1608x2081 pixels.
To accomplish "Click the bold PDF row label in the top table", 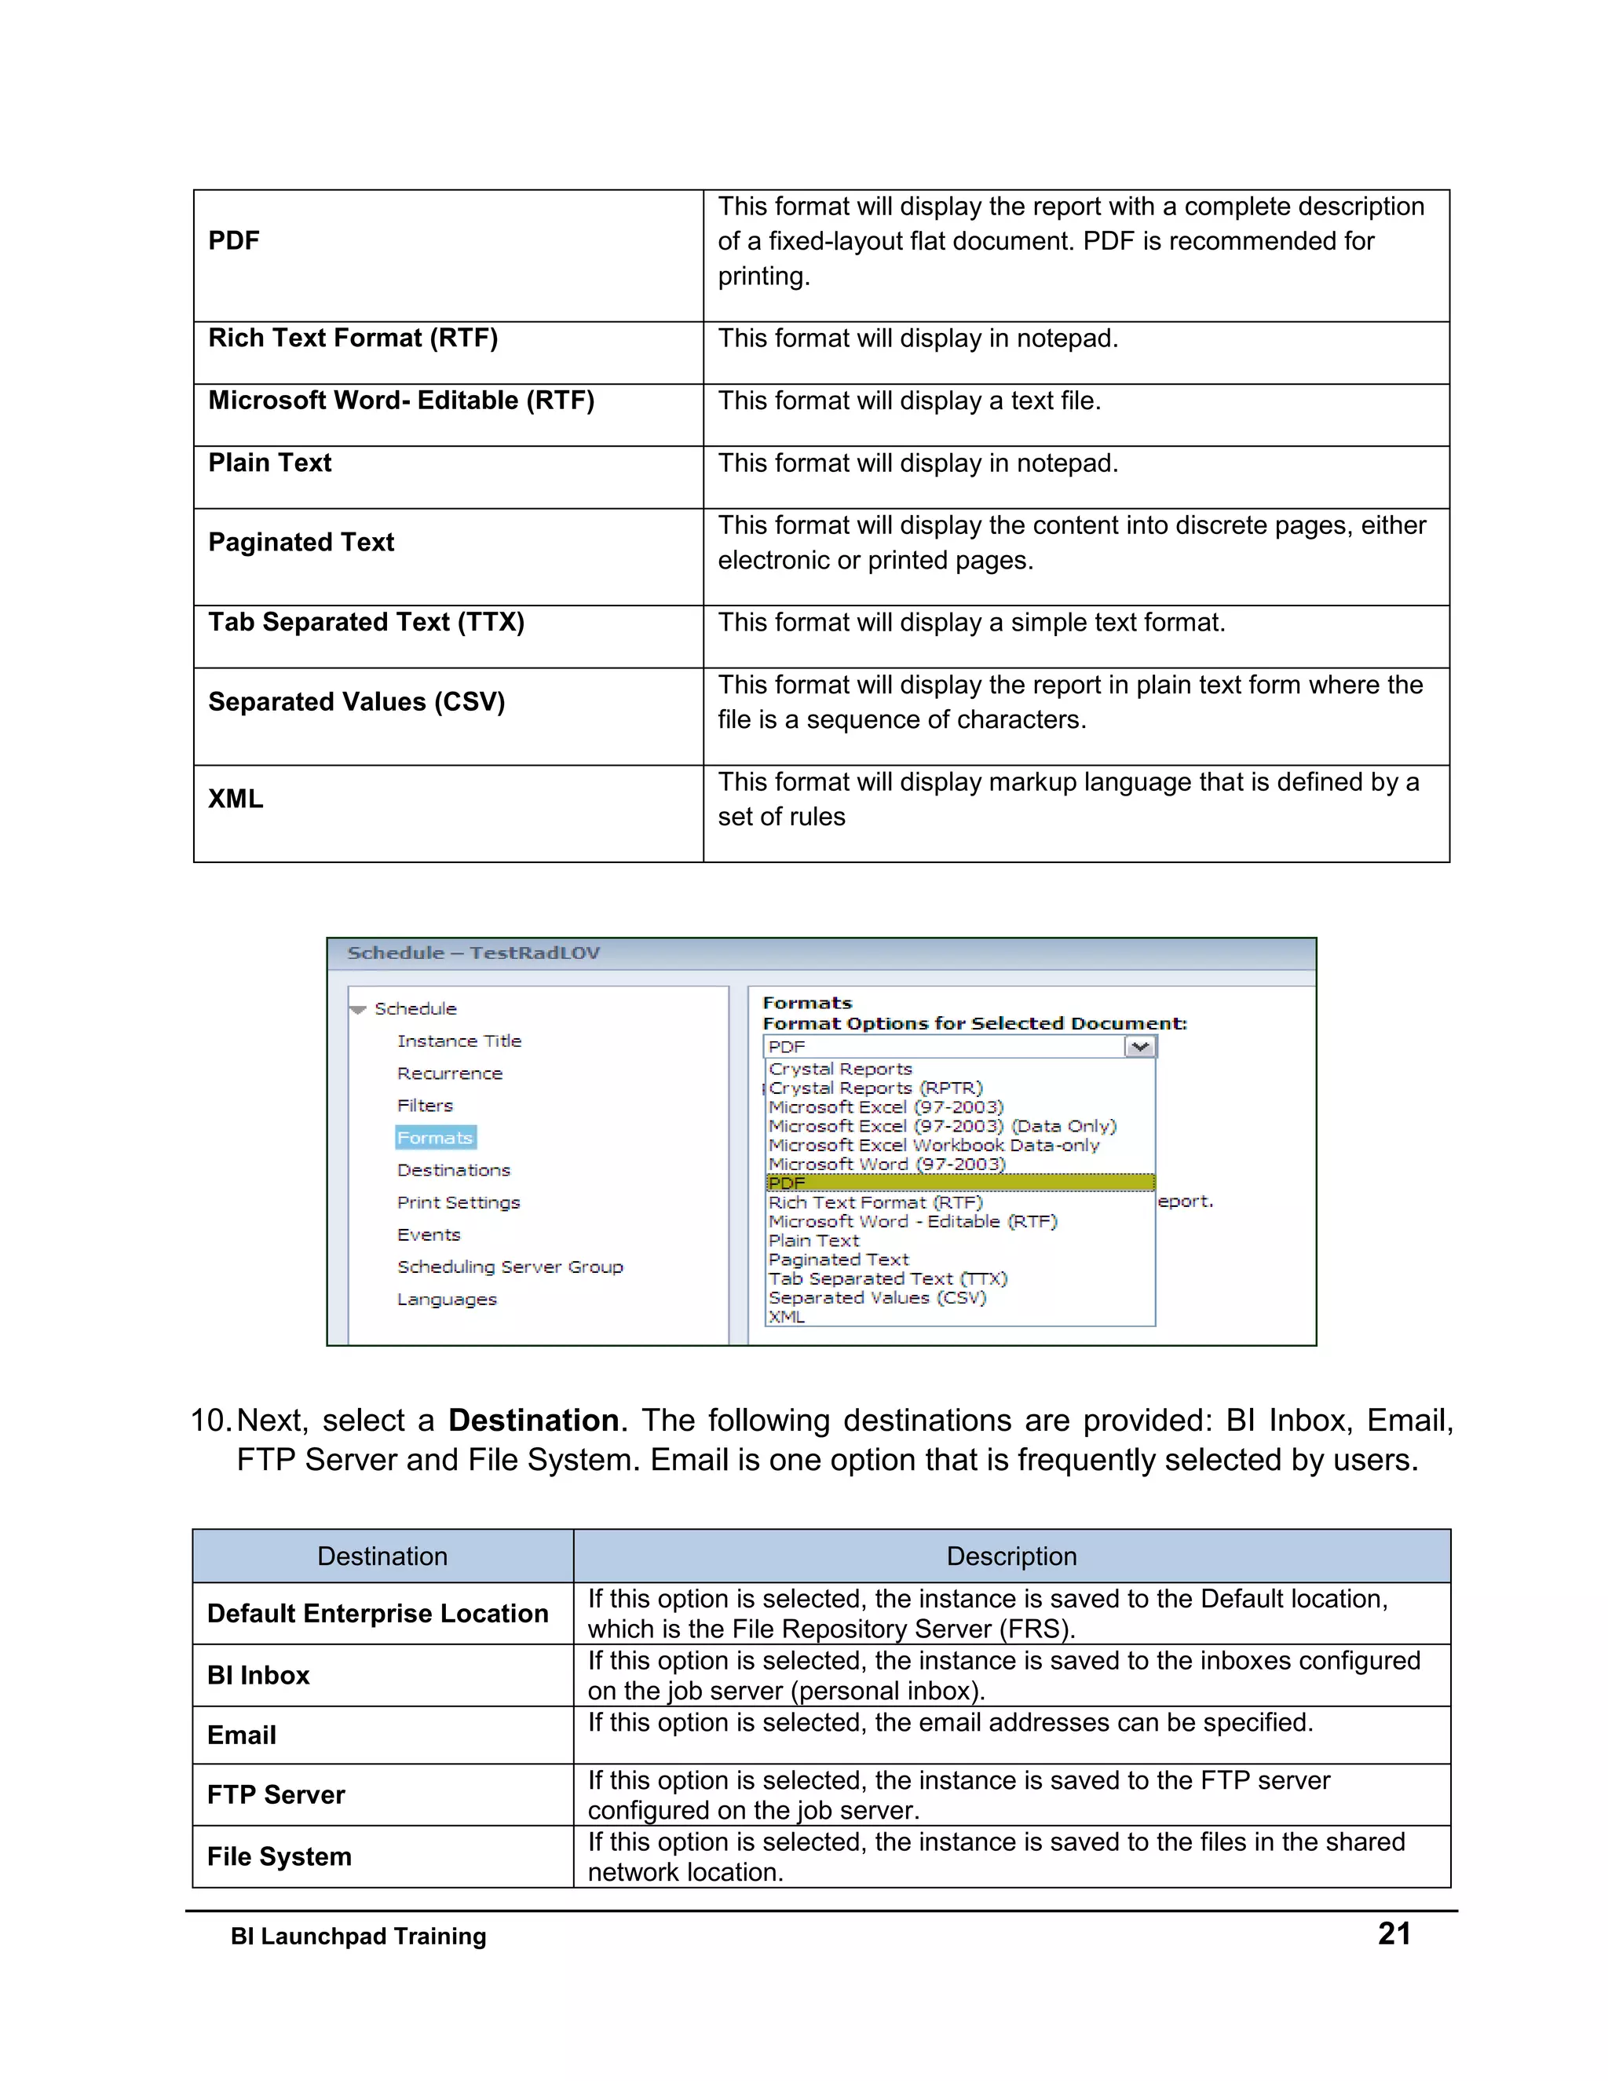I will coord(233,241).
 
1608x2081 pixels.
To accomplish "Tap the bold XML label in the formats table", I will coord(236,799).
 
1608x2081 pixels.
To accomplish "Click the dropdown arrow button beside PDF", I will coord(1139,1046).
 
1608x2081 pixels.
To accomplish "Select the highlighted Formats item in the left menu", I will coord(435,1138).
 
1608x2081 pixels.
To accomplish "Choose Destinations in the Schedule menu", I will coord(454,1170).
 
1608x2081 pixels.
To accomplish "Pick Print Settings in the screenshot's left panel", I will coord(459,1202).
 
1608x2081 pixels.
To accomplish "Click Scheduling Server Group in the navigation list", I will coord(510,1267).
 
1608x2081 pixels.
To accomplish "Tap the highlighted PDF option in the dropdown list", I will coord(959,1183).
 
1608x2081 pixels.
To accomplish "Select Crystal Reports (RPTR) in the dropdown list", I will coord(875,1088).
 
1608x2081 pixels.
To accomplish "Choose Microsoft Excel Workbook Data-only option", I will coord(934,1145).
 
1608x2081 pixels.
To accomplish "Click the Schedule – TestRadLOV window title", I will coord(473,953).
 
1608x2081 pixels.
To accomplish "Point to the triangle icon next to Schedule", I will coord(358,1009).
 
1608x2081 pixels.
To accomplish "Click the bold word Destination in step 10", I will coord(533,1421).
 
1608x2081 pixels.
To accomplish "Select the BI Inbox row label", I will coord(258,1675).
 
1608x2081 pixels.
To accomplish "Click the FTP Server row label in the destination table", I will coord(276,1794).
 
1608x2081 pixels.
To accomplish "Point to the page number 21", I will coord(1394,1933).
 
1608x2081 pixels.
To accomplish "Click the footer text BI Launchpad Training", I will coord(358,1937).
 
